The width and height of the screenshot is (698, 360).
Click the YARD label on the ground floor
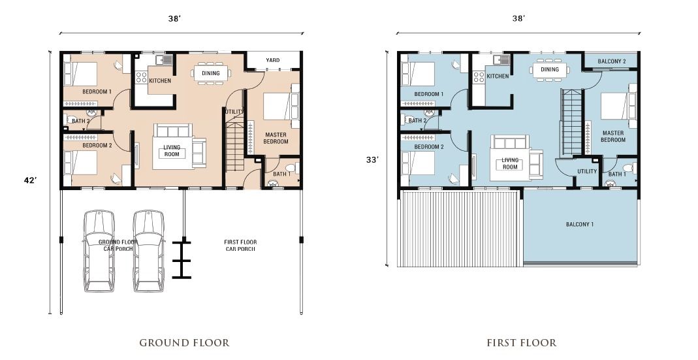point(272,60)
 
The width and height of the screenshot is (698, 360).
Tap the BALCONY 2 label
point(612,61)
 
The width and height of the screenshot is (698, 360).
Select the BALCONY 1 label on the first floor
point(580,224)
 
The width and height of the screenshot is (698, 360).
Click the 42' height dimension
point(30,180)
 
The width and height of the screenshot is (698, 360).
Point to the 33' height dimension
point(372,159)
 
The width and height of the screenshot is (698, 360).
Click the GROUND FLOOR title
point(184,342)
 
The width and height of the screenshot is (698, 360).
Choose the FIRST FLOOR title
point(521,342)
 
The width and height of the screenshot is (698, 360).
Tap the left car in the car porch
point(99,251)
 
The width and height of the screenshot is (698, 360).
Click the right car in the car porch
point(149,251)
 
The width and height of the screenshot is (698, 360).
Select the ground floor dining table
point(211,73)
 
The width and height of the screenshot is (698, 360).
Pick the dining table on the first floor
point(549,69)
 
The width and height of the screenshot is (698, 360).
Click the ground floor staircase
point(235,142)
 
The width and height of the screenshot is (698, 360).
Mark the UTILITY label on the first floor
point(587,172)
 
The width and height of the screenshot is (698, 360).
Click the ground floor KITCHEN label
point(160,80)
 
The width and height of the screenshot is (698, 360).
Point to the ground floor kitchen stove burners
point(141,78)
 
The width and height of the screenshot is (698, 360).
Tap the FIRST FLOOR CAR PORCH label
point(240,246)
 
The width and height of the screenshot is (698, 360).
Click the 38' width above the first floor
point(518,18)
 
